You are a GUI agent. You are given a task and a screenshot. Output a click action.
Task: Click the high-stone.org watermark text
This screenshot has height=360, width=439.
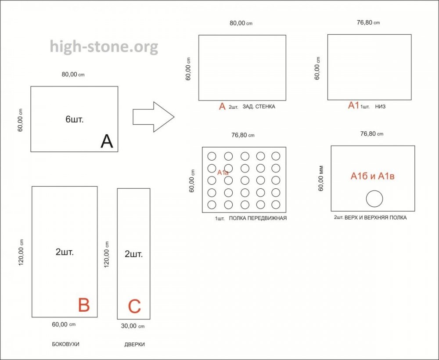[x=104, y=47]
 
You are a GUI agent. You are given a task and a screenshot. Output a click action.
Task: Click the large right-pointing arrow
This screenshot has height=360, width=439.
[x=153, y=117]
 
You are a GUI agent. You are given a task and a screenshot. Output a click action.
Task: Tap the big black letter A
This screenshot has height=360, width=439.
[x=107, y=141]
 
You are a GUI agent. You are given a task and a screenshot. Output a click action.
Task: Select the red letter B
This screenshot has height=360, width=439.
[x=84, y=305]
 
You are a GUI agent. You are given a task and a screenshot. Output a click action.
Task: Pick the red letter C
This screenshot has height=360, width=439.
[x=134, y=306]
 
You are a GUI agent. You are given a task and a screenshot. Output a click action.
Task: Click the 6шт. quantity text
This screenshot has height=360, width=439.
[x=75, y=119]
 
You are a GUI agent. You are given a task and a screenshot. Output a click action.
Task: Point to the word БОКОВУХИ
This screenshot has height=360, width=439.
[x=65, y=344]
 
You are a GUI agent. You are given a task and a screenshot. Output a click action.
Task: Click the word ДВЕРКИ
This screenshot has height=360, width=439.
[x=134, y=344]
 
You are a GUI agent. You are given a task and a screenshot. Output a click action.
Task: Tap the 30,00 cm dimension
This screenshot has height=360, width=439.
[x=133, y=326]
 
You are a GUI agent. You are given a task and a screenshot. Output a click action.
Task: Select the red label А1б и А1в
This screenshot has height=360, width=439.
[x=372, y=176]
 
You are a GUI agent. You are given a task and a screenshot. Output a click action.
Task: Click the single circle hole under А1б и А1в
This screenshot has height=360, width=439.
[x=374, y=199]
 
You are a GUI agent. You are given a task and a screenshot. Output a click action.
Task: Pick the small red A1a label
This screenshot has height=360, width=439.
[x=223, y=173]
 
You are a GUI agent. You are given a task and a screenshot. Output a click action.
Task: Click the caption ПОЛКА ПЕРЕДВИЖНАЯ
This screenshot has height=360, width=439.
[x=258, y=218]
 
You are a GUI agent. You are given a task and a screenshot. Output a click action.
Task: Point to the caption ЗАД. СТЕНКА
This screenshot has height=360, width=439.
[x=259, y=107]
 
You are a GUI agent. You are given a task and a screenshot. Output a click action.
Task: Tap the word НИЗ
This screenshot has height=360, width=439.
[x=380, y=107]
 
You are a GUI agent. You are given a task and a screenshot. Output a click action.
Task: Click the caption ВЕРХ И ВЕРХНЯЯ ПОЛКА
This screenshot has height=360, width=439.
[x=375, y=217]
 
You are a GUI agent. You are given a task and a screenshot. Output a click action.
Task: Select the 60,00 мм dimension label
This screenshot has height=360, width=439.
[x=321, y=178]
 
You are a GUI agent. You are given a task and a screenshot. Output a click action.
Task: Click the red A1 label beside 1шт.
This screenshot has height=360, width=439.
[x=353, y=105]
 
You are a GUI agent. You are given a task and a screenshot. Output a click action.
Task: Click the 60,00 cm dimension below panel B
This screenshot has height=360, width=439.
[x=64, y=324]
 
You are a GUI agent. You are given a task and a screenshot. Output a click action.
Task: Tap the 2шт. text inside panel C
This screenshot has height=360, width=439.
[x=133, y=254]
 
